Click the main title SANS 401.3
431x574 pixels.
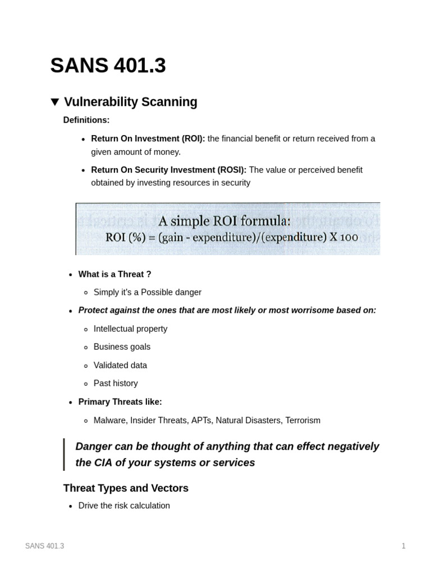pos(108,66)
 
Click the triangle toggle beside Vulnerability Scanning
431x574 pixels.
pos(55,102)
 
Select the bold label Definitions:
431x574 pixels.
pos(86,120)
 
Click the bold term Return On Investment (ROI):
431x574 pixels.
pos(148,138)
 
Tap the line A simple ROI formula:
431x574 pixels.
pos(224,220)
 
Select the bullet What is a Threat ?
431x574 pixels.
pos(114,274)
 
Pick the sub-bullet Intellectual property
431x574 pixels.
pos(130,329)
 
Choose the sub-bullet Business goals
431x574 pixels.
pos(122,347)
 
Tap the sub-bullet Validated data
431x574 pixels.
pos(120,365)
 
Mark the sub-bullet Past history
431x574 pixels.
pos(116,383)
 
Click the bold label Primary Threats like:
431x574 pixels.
pos(120,402)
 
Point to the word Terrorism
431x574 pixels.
pos(302,420)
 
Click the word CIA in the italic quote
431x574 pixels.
pos(102,462)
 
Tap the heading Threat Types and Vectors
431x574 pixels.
pos(126,488)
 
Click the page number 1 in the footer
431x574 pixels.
pos(404,546)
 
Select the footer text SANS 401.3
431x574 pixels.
pos(44,546)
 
